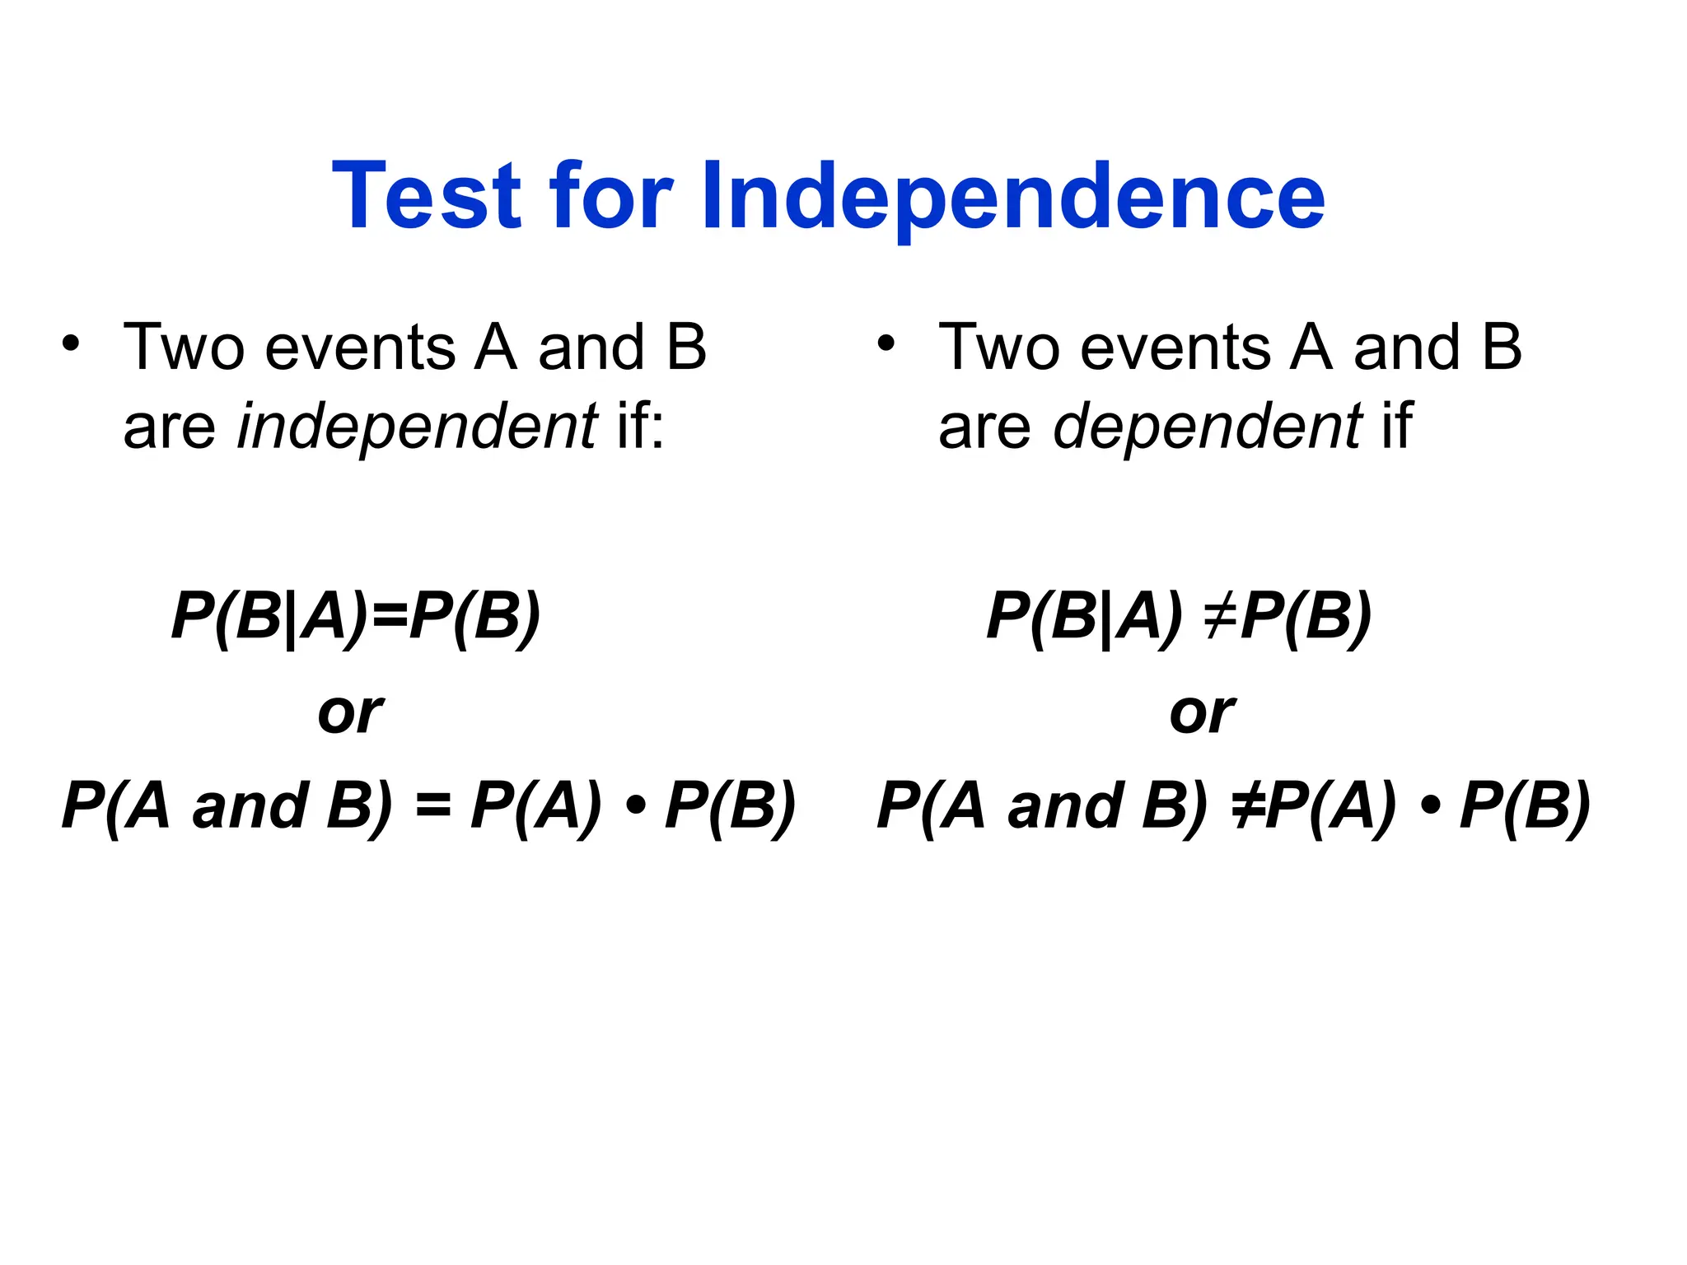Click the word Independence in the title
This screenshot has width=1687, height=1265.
point(1012,198)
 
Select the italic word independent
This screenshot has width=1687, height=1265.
point(417,427)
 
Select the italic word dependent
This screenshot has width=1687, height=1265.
point(1207,427)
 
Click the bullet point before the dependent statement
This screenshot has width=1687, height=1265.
point(886,344)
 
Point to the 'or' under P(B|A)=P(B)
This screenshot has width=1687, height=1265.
point(350,713)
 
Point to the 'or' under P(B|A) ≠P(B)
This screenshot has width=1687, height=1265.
point(1202,713)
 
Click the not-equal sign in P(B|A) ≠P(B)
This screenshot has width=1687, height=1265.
point(1221,616)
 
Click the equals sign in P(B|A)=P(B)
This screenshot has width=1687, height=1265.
point(390,616)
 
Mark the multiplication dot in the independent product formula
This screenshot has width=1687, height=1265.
point(634,807)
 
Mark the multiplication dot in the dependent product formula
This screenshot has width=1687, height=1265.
point(1430,807)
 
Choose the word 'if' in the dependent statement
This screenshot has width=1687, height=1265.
point(1397,427)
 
